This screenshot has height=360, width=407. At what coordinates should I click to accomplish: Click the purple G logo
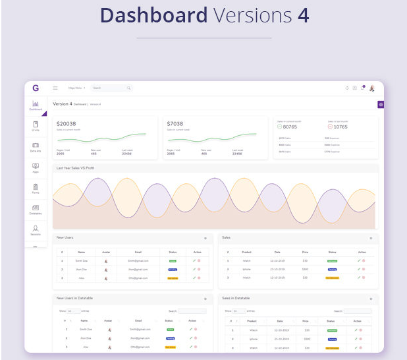[35, 88]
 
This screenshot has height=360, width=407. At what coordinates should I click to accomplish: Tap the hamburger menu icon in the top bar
[55, 88]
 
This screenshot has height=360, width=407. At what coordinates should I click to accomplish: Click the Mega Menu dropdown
[76, 88]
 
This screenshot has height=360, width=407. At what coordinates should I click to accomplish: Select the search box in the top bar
[111, 88]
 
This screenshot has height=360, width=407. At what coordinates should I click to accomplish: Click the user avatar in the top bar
[372, 88]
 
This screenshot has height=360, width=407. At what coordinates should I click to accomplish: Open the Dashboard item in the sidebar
[36, 105]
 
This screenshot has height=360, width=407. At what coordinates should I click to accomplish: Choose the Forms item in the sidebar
[36, 189]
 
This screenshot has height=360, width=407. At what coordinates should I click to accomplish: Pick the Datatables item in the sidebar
[36, 210]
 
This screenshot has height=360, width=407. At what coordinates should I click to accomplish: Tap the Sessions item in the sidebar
[36, 230]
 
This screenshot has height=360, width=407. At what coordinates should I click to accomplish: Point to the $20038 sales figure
[67, 123]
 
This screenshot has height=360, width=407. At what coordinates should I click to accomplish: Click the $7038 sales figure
[175, 123]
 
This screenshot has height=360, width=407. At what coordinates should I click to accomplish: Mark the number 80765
[290, 127]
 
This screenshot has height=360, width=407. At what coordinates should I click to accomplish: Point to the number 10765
[340, 127]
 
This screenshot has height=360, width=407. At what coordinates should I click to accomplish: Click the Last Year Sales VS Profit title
[75, 168]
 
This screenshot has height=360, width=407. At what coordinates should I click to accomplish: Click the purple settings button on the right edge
[381, 104]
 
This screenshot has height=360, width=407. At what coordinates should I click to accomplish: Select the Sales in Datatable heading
[236, 298]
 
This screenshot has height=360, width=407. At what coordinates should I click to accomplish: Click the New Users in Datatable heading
[74, 298]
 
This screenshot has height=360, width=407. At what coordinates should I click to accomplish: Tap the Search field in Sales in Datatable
[358, 311]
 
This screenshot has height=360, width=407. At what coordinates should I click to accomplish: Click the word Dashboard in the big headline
[153, 16]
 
